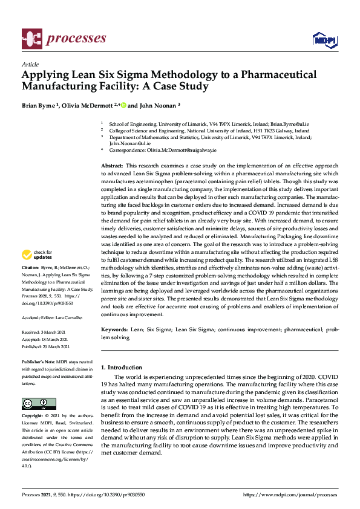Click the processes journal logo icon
[31, 39]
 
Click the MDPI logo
[324, 40]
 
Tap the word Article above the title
[30, 65]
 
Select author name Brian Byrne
[40, 105]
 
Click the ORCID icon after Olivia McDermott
[123, 105]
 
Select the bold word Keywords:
[114, 330]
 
